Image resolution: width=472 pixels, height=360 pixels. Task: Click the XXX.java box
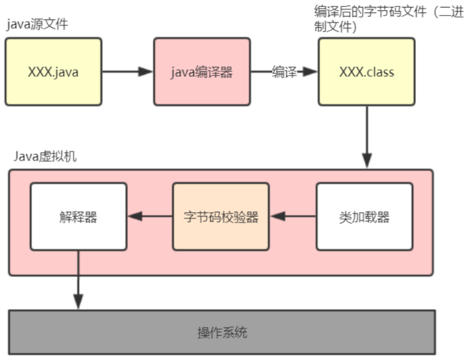click(54, 72)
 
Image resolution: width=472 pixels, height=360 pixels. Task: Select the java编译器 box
click(202, 72)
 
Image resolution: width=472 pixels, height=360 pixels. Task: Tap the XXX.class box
click(366, 72)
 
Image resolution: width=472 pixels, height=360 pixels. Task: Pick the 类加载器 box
click(364, 216)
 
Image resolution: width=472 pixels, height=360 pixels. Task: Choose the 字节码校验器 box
click(221, 216)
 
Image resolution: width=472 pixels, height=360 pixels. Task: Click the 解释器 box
click(78, 216)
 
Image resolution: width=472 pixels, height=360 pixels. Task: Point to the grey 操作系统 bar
click(222, 332)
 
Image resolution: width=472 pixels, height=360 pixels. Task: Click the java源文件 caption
click(38, 24)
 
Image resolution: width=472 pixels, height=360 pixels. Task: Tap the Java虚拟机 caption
click(45, 156)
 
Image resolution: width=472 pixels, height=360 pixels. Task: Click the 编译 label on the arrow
click(284, 72)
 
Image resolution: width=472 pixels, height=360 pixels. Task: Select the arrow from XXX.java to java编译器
click(128, 72)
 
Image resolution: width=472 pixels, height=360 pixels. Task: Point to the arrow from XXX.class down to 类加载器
click(367, 137)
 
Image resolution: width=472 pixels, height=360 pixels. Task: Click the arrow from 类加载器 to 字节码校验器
click(293, 216)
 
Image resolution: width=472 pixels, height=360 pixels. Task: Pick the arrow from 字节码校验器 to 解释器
click(150, 216)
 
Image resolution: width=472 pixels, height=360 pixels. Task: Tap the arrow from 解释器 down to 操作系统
click(78, 280)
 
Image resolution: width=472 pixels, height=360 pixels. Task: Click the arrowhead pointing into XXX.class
click(310, 72)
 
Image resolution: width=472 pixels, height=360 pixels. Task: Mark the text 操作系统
click(222, 333)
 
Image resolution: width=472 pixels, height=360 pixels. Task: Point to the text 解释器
click(78, 217)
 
